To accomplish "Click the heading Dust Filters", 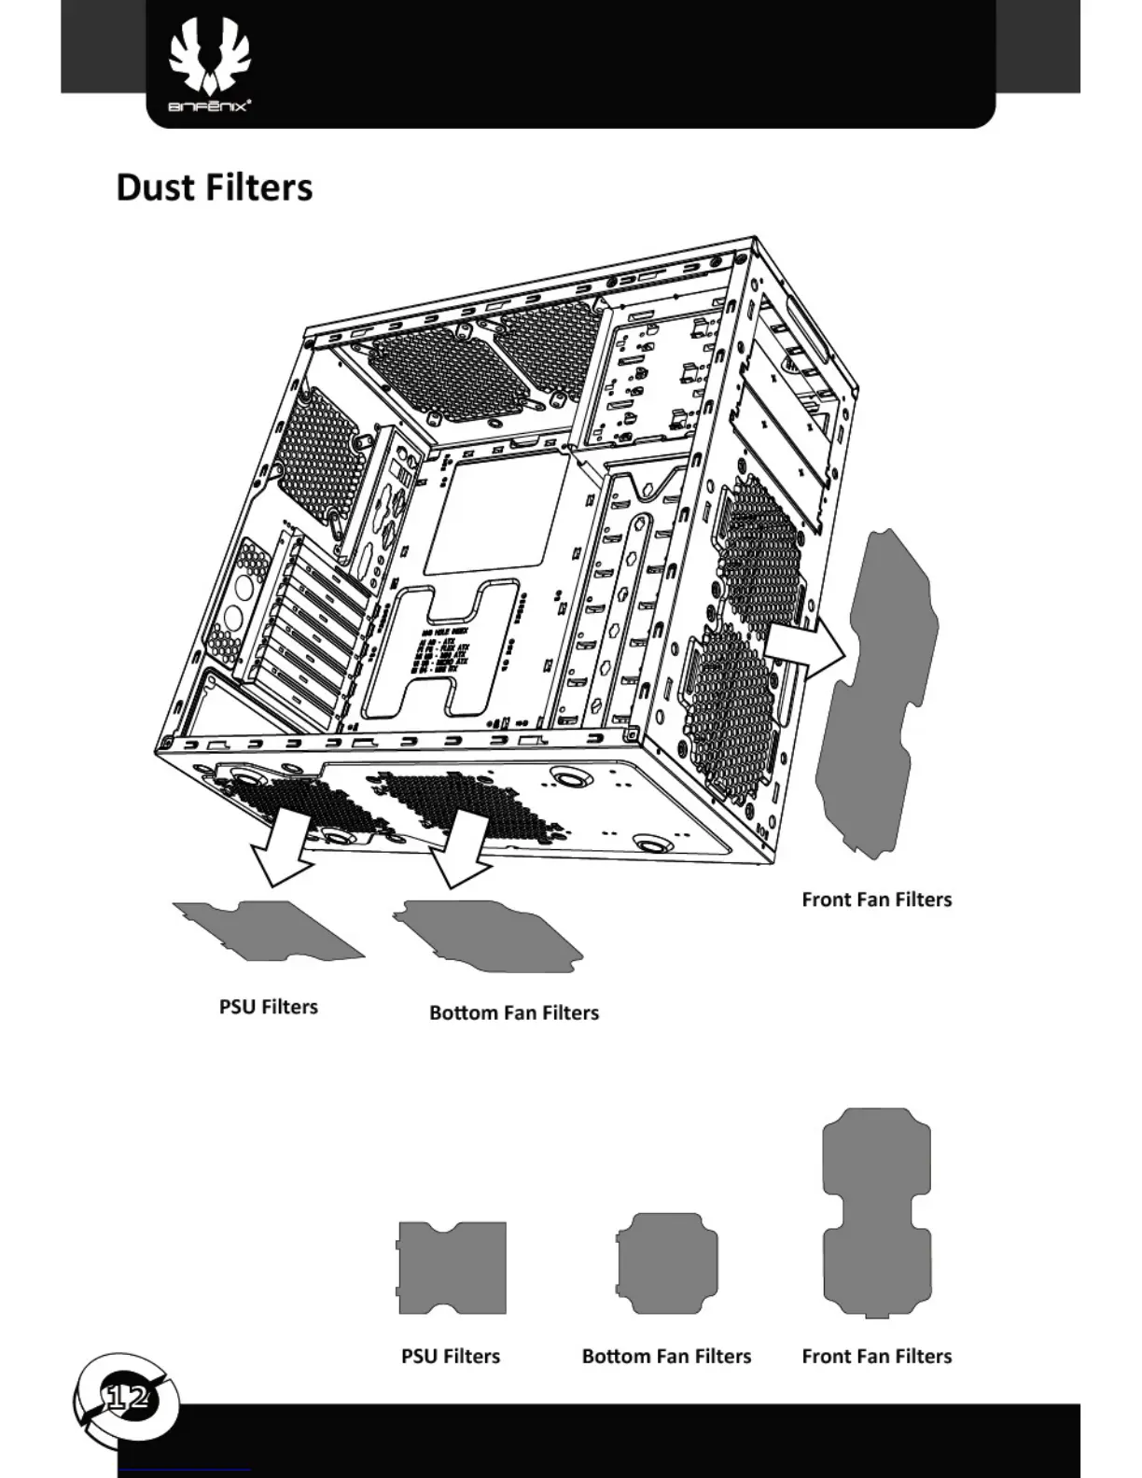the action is (x=214, y=187).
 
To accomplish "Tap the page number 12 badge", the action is (x=126, y=1397).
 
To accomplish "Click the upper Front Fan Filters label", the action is (x=876, y=899).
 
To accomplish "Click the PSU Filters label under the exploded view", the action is (x=268, y=1007).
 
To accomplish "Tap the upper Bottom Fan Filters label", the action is (x=513, y=1012).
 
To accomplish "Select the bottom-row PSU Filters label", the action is (x=450, y=1356).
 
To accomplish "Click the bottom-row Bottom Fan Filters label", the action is (x=666, y=1356).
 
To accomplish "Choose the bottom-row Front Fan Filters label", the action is (x=876, y=1356).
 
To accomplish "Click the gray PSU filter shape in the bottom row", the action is (x=452, y=1267).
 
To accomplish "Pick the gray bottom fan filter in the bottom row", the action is (x=667, y=1262).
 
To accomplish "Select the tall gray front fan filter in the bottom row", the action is (x=877, y=1212).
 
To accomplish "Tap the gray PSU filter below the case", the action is (x=271, y=931).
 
